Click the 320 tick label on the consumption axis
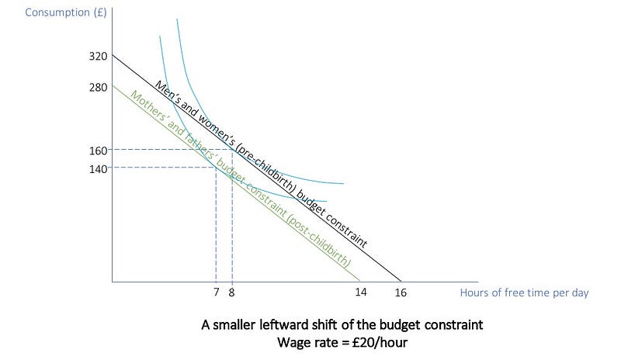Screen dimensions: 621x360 99,56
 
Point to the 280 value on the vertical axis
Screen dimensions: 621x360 99,87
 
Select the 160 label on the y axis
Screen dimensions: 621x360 99,151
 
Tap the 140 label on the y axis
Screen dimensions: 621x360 99,169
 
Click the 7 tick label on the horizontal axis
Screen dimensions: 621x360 217,292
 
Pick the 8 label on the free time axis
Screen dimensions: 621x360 231,292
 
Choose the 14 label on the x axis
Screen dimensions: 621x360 361,292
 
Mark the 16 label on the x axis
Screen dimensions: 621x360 401,292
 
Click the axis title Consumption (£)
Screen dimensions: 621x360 66,12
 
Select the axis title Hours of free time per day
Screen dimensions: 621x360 525,292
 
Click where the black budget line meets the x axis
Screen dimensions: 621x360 401,282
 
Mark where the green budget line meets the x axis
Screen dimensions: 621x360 360,282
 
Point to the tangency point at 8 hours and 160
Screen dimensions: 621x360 232,149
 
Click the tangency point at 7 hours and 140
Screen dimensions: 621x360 216,168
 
